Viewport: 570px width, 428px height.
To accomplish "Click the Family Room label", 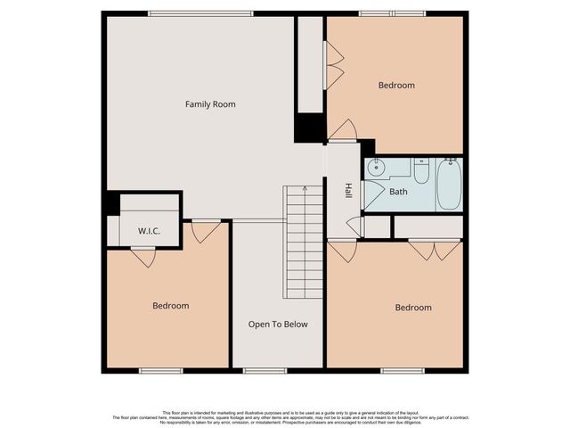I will pyautogui.click(x=210, y=104).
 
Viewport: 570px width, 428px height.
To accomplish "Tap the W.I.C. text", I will pyautogui.click(x=149, y=231).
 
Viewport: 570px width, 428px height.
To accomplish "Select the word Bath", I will pyautogui.click(x=397, y=191).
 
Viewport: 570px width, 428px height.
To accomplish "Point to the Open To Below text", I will pyautogui.click(x=278, y=324).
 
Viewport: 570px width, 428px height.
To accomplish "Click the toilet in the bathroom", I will pyautogui.click(x=421, y=169).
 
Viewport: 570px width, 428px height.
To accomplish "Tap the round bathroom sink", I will pyautogui.click(x=377, y=167).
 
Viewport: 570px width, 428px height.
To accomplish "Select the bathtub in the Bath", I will pyautogui.click(x=450, y=184).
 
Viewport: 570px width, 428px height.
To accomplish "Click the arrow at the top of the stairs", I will pyautogui.click(x=304, y=189).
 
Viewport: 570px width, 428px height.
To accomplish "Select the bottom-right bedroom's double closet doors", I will pyautogui.click(x=435, y=251).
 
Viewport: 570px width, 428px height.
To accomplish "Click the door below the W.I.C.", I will pyautogui.click(x=142, y=257).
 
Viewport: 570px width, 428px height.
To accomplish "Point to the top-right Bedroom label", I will pyautogui.click(x=396, y=86).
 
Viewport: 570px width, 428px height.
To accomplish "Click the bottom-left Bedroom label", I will pyautogui.click(x=170, y=306).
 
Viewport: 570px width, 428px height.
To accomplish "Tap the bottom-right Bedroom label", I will pyautogui.click(x=413, y=308).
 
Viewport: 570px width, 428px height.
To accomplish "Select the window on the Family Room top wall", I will pyautogui.click(x=200, y=13).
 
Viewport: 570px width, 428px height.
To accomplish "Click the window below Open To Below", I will pyautogui.click(x=259, y=370).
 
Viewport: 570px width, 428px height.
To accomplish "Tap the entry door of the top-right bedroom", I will pyautogui.click(x=343, y=131).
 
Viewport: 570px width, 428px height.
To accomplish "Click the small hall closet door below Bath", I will pyautogui.click(x=354, y=226).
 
